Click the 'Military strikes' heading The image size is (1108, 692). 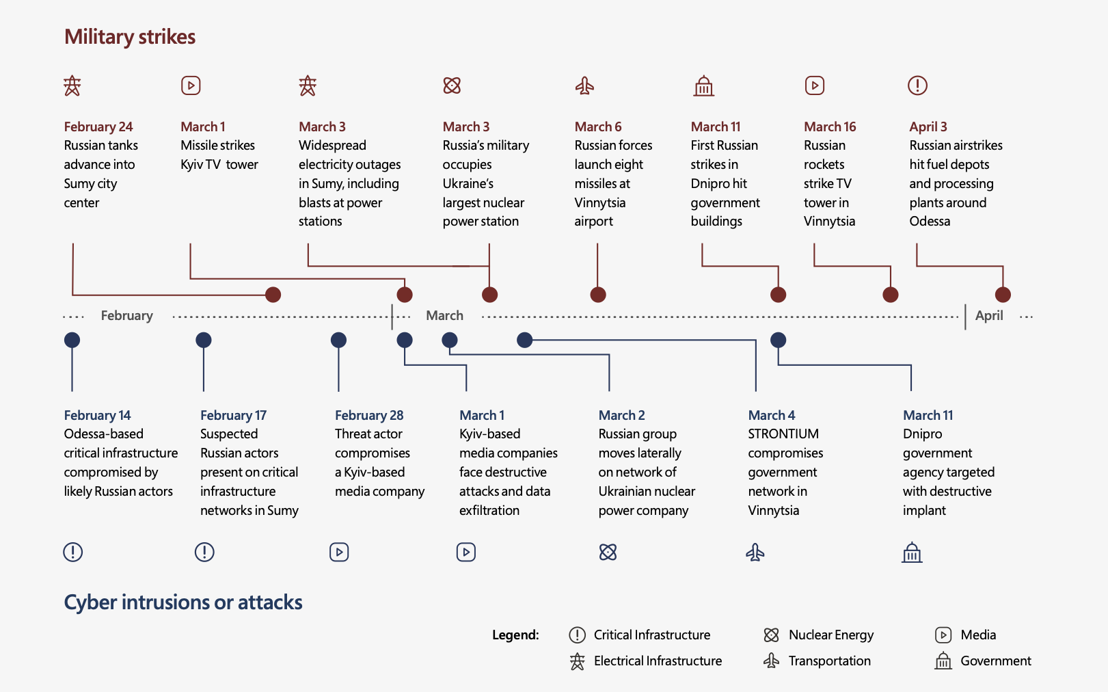click(130, 37)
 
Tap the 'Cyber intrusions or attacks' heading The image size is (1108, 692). click(183, 602)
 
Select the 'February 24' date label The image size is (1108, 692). click(98, 127)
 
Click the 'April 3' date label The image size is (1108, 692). click(928, 127)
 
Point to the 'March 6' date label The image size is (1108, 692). click(598, 127)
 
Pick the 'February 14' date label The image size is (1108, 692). click(98, 415)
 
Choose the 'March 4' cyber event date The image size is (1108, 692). click(772, 415)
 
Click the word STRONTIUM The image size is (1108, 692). click(783, 434)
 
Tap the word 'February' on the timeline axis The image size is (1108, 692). click(126, 316)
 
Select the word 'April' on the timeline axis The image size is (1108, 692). click(989, 316)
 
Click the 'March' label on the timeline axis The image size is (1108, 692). click(445, 315)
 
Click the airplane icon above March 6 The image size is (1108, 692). click(584, 85)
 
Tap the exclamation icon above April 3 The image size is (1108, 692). click(917, 85)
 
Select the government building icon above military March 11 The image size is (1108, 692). click(703, 86)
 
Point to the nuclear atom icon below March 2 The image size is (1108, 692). click(608, 552)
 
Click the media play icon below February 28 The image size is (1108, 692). click(339, 552)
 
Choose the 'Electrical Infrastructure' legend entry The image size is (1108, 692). click(645, 661)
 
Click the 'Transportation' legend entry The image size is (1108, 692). click(817, 661)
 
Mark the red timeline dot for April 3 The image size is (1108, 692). click(1003, 295)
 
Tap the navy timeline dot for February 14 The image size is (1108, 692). click(72, 340)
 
